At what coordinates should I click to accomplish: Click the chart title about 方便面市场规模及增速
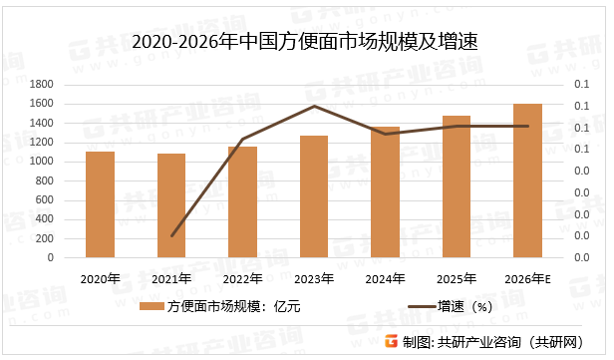(x=307, y=41)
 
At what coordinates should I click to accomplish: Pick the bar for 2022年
(x=242, y=202)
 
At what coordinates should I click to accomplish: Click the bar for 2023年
(x=314, y=196)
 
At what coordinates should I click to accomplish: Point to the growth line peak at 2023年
(x=314, y=106)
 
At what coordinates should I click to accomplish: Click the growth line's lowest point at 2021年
(x=171, y=236)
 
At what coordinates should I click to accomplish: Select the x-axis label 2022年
(x=242, y=277)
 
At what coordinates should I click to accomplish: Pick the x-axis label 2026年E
(x=527, y=277)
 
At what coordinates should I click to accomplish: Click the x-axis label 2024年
(x=385, y=277)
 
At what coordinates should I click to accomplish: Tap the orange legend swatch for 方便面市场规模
(x=153, y=307)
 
